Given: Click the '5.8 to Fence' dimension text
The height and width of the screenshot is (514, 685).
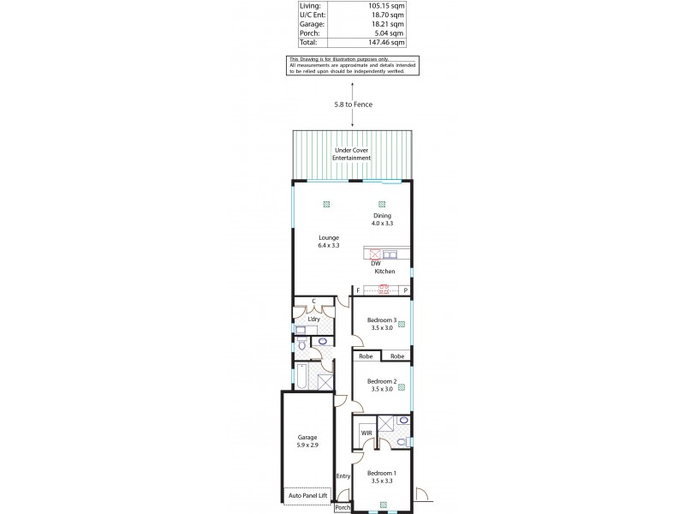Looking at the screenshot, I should tap(353, 105).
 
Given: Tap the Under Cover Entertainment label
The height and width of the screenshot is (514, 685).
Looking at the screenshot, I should tap(352, 155).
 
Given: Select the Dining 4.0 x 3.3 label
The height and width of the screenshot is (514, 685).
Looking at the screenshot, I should tap(382, 219).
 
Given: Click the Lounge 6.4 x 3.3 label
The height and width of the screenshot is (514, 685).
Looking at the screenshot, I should tap(329, 242).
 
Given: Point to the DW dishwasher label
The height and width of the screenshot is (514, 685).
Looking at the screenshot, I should tap(375, 263).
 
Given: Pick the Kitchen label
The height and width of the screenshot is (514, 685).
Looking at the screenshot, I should tap(384, 272).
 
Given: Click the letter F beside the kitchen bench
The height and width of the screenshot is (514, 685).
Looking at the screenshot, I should tap(358, 291).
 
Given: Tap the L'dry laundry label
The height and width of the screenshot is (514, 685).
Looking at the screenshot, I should tap(313, 319).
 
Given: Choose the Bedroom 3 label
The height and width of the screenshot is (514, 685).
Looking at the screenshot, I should tap(382, 324).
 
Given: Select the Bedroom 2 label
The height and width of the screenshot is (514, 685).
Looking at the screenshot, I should tap(382, 385).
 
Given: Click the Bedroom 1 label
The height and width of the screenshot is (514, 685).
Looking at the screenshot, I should tap(382, 476).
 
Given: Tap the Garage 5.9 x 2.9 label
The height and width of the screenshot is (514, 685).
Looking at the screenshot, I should tap(307, 441).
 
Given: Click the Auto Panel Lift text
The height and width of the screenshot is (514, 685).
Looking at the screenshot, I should tap(307, 496).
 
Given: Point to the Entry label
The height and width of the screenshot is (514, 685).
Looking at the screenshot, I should tap(343, 476).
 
